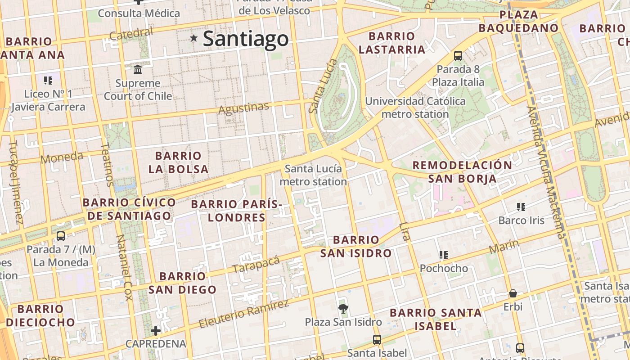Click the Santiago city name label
[x=246, y=39]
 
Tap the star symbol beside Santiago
[x=194, y=38]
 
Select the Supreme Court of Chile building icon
[x=138, y=69]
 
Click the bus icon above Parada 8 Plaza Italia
[x=458, y=56]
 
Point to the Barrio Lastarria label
[x=392, y=43]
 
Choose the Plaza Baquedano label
[x=518, y=21]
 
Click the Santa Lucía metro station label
[x=313, y=175]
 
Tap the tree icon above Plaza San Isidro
[x=343, y=308]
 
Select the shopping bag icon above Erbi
[x=513, y=294]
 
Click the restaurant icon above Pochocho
[x=444, y=255]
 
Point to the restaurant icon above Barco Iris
[x=521, y=207]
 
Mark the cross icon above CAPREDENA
[x=156, y=331]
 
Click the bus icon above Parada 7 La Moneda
[x=61, y=236]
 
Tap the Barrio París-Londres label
[x=237, y=211]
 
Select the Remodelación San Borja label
[x=462, y=172]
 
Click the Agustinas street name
[x=243, y=108]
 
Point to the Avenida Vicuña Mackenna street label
[x=545, y=171]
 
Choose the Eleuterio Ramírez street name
[x=243, y=314]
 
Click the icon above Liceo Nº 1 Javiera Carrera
[x=48, y=81]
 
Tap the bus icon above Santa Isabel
[x=377, y=340]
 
